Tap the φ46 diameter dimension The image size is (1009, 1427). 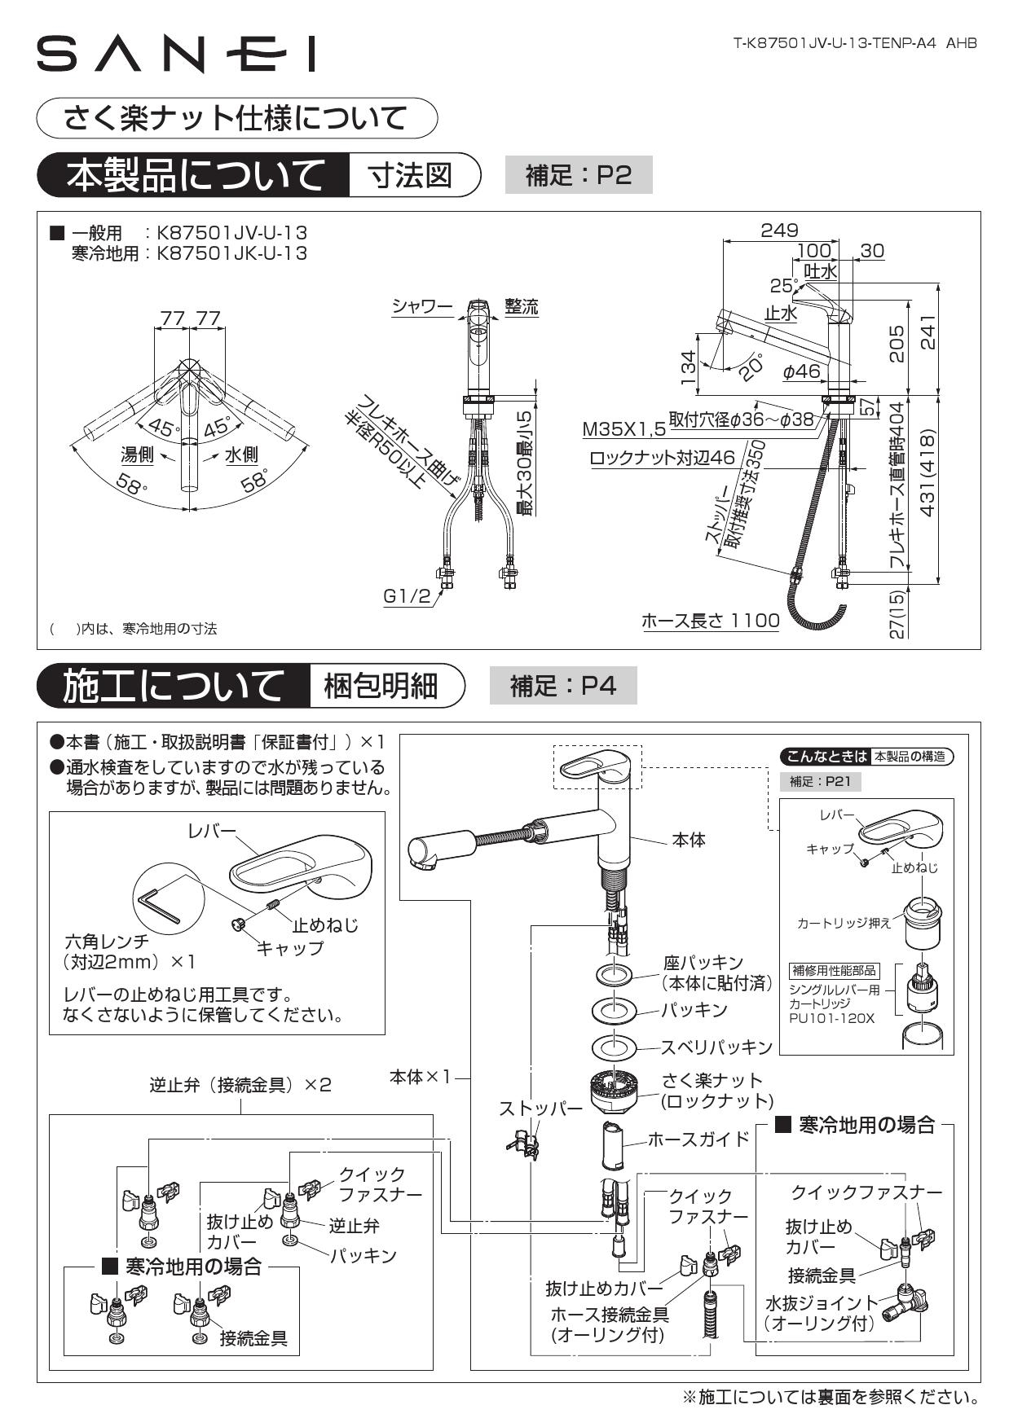[801, 371]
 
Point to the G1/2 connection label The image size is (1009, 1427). [407, 596]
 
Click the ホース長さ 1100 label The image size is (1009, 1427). [710, 621]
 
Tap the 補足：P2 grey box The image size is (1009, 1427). [578, 175]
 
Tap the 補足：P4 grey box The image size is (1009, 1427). [562, 686]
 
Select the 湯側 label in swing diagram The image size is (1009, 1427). [136, 454]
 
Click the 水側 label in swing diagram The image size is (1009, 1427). [240, 454]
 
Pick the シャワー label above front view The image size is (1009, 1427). [421, 306]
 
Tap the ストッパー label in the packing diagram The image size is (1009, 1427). [540, 1109]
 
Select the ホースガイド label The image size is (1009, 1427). [698, 1139]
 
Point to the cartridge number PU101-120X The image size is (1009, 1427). [831, 1018]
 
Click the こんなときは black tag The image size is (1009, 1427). [824, 756]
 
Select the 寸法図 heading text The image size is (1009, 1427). [411, 175]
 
